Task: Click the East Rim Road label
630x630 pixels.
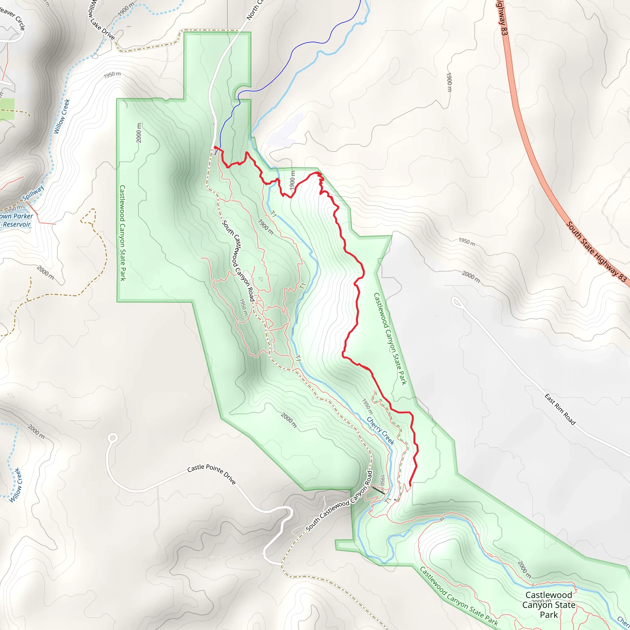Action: tap(560, 409)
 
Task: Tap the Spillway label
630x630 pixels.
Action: tap(33, 193)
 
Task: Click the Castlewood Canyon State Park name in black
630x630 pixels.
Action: tap(549, 605)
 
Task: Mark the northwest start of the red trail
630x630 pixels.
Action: tap(215, 147)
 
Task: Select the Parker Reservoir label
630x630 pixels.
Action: tap(16, 220)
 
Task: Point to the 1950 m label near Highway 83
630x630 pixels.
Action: tap(467, 241)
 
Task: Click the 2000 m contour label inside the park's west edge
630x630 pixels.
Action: tap(139, 133)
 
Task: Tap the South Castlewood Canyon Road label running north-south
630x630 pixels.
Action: tap(238, 261)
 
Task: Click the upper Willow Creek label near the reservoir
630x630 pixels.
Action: tap(62, 116)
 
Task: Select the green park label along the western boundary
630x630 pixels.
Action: tap(123, 233)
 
